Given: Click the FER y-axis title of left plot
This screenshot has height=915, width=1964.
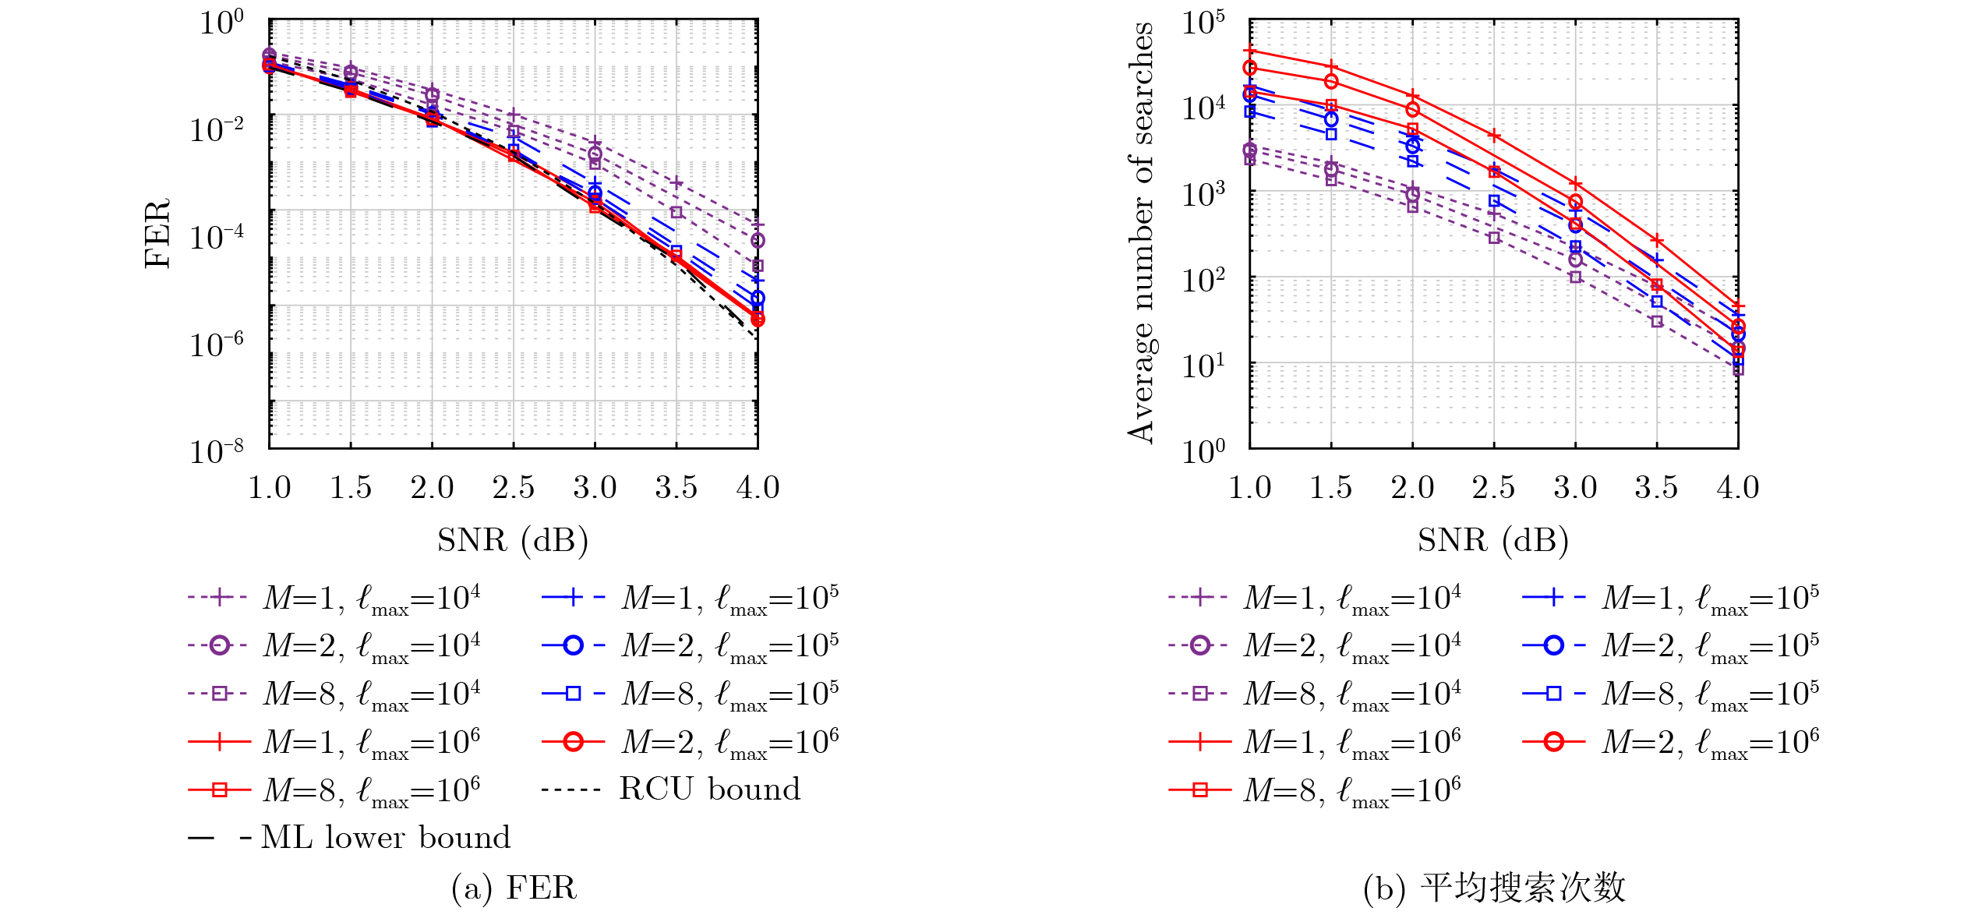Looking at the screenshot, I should point(157,234).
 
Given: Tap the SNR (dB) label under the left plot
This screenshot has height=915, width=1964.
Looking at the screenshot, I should point(513,540).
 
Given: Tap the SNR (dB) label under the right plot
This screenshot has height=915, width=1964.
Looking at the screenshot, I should point(1493,540).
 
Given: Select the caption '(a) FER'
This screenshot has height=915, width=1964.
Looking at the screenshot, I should point(514,888).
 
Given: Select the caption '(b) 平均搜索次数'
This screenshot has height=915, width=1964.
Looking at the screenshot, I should point(1494,888).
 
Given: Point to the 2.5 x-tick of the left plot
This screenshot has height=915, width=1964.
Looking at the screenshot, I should point(513,488).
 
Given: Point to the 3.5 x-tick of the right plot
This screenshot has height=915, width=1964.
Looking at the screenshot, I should point(1656,488).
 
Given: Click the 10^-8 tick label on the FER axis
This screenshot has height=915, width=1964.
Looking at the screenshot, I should point(217,451).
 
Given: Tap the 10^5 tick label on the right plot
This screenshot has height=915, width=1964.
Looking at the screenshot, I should point(1203,22).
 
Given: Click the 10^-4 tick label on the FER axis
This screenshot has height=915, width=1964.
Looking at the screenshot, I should point(217,236).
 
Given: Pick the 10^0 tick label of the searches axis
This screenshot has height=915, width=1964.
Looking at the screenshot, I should point(1203,451).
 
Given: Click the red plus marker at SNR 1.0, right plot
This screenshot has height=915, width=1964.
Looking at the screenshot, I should point(1250,51).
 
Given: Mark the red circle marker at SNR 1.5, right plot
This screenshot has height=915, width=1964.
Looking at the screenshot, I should point(1331,81).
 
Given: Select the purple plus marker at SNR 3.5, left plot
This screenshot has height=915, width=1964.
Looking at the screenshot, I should point(676,183).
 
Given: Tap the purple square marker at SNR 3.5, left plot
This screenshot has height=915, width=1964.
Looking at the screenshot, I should point(676,212).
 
